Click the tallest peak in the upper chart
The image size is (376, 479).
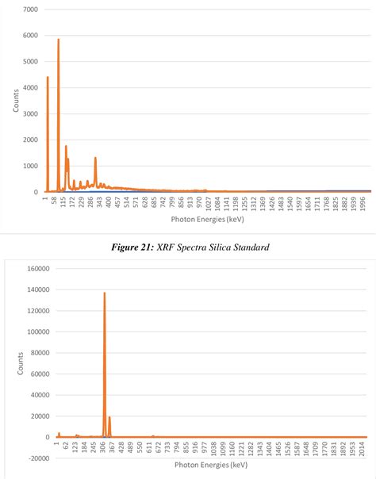tap(58, 40)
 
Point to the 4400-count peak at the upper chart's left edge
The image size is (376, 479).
tap(48, 78)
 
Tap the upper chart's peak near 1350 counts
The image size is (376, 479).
tap(95, 158)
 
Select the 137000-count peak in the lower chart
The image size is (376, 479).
tap(105, 294)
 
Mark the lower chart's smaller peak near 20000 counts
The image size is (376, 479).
tap(109, 418)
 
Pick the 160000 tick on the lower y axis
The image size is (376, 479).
tap(38, 269)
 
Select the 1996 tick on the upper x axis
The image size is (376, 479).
tap(363, 205)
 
